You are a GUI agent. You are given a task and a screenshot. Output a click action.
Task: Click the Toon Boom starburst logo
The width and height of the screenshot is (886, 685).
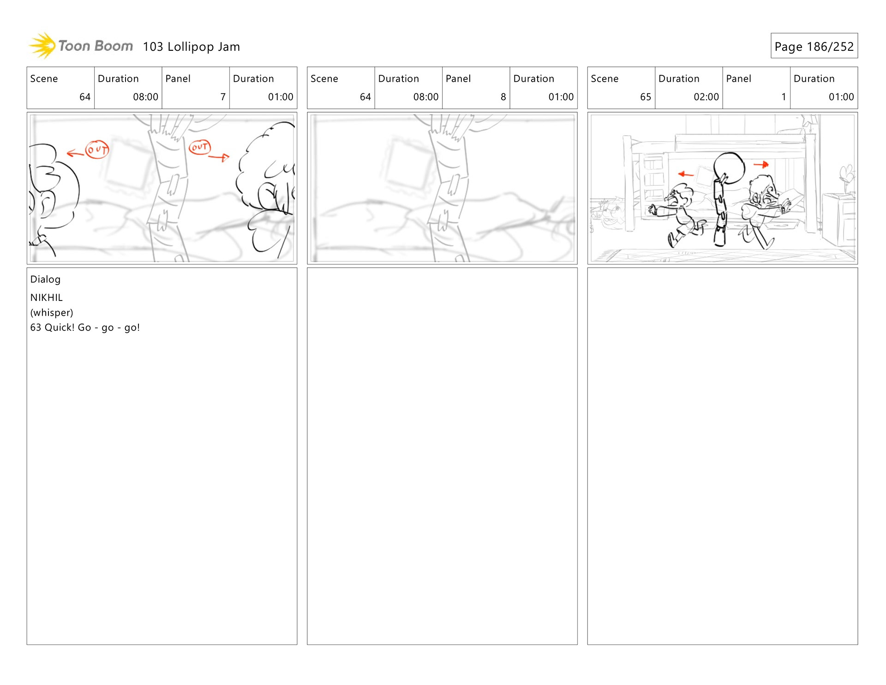tap(42, 46)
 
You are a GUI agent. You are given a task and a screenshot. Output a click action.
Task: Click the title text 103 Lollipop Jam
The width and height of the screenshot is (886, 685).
tap(191, 47)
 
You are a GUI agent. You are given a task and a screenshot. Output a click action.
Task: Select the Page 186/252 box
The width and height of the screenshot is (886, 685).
tap(814, 46)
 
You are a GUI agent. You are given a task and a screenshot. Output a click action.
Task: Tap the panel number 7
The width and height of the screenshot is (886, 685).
tap(223, 97)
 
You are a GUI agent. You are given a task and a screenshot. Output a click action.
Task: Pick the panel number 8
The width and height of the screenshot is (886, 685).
tap(503, 97)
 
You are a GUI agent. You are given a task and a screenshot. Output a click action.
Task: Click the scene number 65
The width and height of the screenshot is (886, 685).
tap(645, 97)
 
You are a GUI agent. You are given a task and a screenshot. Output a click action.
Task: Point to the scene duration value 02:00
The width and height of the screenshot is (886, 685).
tap(706, 97)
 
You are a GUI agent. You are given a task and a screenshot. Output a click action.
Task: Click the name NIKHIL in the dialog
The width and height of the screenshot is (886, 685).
tap(46, 298)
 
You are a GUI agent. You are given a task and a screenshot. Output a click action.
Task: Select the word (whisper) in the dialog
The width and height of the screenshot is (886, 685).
tap(52, 313)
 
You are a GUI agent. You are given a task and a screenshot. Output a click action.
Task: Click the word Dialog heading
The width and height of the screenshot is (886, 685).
tap(45, 279)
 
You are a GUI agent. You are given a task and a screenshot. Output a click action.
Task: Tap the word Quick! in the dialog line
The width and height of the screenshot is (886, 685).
tap(60, 328)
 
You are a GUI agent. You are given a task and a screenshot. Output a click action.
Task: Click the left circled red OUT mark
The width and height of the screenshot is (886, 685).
tap(97, 150)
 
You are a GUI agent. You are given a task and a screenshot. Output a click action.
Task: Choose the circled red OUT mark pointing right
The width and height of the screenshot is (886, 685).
tap(200, 147)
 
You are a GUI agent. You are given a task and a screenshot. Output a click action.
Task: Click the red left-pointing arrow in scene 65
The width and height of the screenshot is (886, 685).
tap(685, 174)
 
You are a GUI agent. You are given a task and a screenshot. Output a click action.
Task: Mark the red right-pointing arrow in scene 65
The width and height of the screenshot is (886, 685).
tap(761, 164)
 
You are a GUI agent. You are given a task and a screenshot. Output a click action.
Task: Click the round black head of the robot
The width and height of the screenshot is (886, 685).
tap(729, 168)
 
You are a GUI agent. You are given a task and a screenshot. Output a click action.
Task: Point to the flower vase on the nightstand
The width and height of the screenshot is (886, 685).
tap(847, 180)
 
